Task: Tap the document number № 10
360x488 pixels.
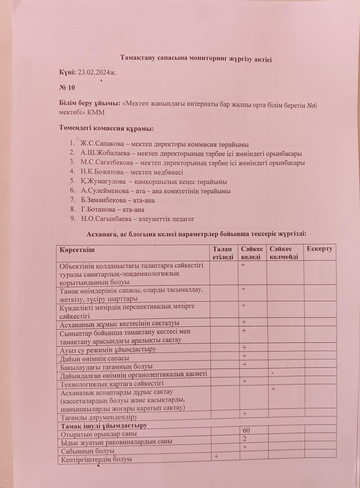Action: click(67, 88)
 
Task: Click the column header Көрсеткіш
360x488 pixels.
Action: click(77, 249)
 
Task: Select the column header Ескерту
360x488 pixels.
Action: click(319, 249)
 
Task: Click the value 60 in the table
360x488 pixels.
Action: click(246, 431)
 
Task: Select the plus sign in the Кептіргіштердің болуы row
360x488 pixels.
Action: click(216, 456)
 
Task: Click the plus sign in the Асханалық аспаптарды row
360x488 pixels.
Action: click(274, 389)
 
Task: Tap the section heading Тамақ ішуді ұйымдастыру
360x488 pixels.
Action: click(104, 426)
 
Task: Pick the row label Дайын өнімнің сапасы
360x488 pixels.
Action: click(95, 358)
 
